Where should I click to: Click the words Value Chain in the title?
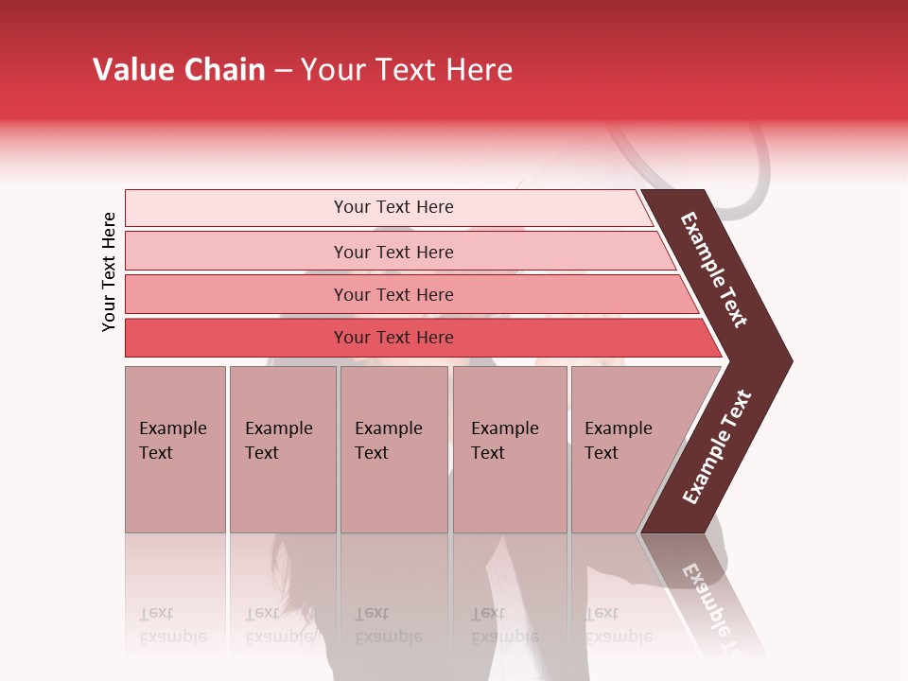(x=179, y=70)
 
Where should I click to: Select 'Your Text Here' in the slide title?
(x=407, y=70)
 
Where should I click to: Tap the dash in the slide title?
(x=283, y=71)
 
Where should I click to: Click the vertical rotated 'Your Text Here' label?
(x=109, y=271)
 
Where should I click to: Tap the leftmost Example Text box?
(x=175, y=448)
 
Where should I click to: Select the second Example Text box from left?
(x=282, y=448)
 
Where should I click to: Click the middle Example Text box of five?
(x=393, y=448)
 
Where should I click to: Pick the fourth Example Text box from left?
(x=509, y=448)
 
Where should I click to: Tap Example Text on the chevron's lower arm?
(x=717, y=446)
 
